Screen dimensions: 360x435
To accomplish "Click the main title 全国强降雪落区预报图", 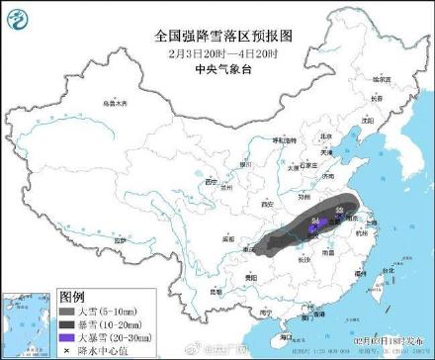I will [217, 35].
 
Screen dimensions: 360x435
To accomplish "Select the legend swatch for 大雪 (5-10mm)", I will [66, 310].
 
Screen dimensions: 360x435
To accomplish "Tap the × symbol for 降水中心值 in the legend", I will [66, 348].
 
